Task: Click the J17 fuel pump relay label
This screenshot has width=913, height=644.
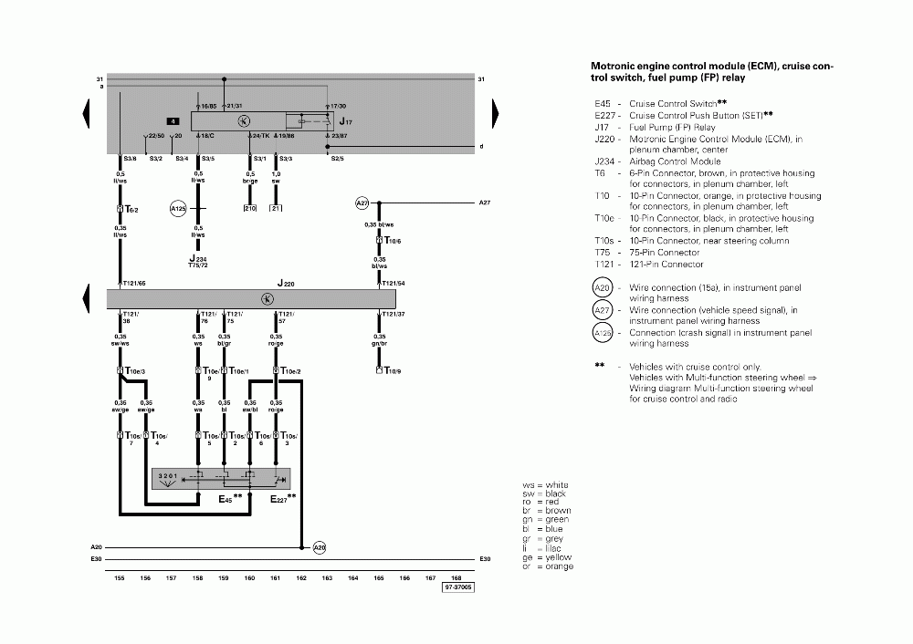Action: pyautogui.click(x=344, y=120)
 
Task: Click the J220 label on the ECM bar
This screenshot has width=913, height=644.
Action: pyautogui.click(x=286, y=285)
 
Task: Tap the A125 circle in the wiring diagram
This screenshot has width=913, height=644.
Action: pyautogui.click(x=178, y=210)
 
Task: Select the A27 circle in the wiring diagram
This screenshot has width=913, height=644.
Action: pyautogui.click(x=362, y=203)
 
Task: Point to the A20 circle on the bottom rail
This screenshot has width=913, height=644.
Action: pyautogui.click(x=320, y=547)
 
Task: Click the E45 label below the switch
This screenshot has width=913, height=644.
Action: pyautogui.click(x=226, y=499)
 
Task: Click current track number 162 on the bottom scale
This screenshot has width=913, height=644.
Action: pyautogui.click(x=302, y=577)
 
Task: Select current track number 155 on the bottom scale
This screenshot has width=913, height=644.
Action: pyautogui.click(x=120, y=577)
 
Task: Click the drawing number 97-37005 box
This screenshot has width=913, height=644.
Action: pyautogui.click(x=458, y=589)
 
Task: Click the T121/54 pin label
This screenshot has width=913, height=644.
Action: pyautogui.click(x=394, y=284)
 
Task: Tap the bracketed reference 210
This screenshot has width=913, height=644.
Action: pyautogui.click(x=250, y=209)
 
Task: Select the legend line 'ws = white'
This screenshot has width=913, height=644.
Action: pyautogui.click(x=545, y=485)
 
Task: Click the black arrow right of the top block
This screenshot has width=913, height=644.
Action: pyautogui.click(x=496, y=114)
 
